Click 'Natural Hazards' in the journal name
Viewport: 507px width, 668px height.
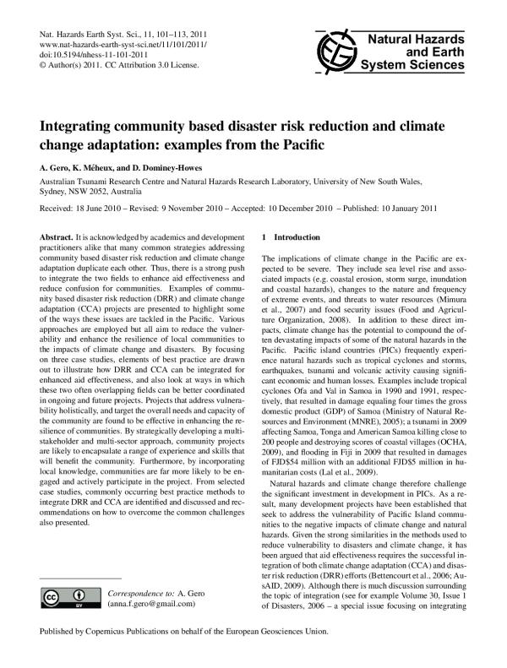pos(433,39)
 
